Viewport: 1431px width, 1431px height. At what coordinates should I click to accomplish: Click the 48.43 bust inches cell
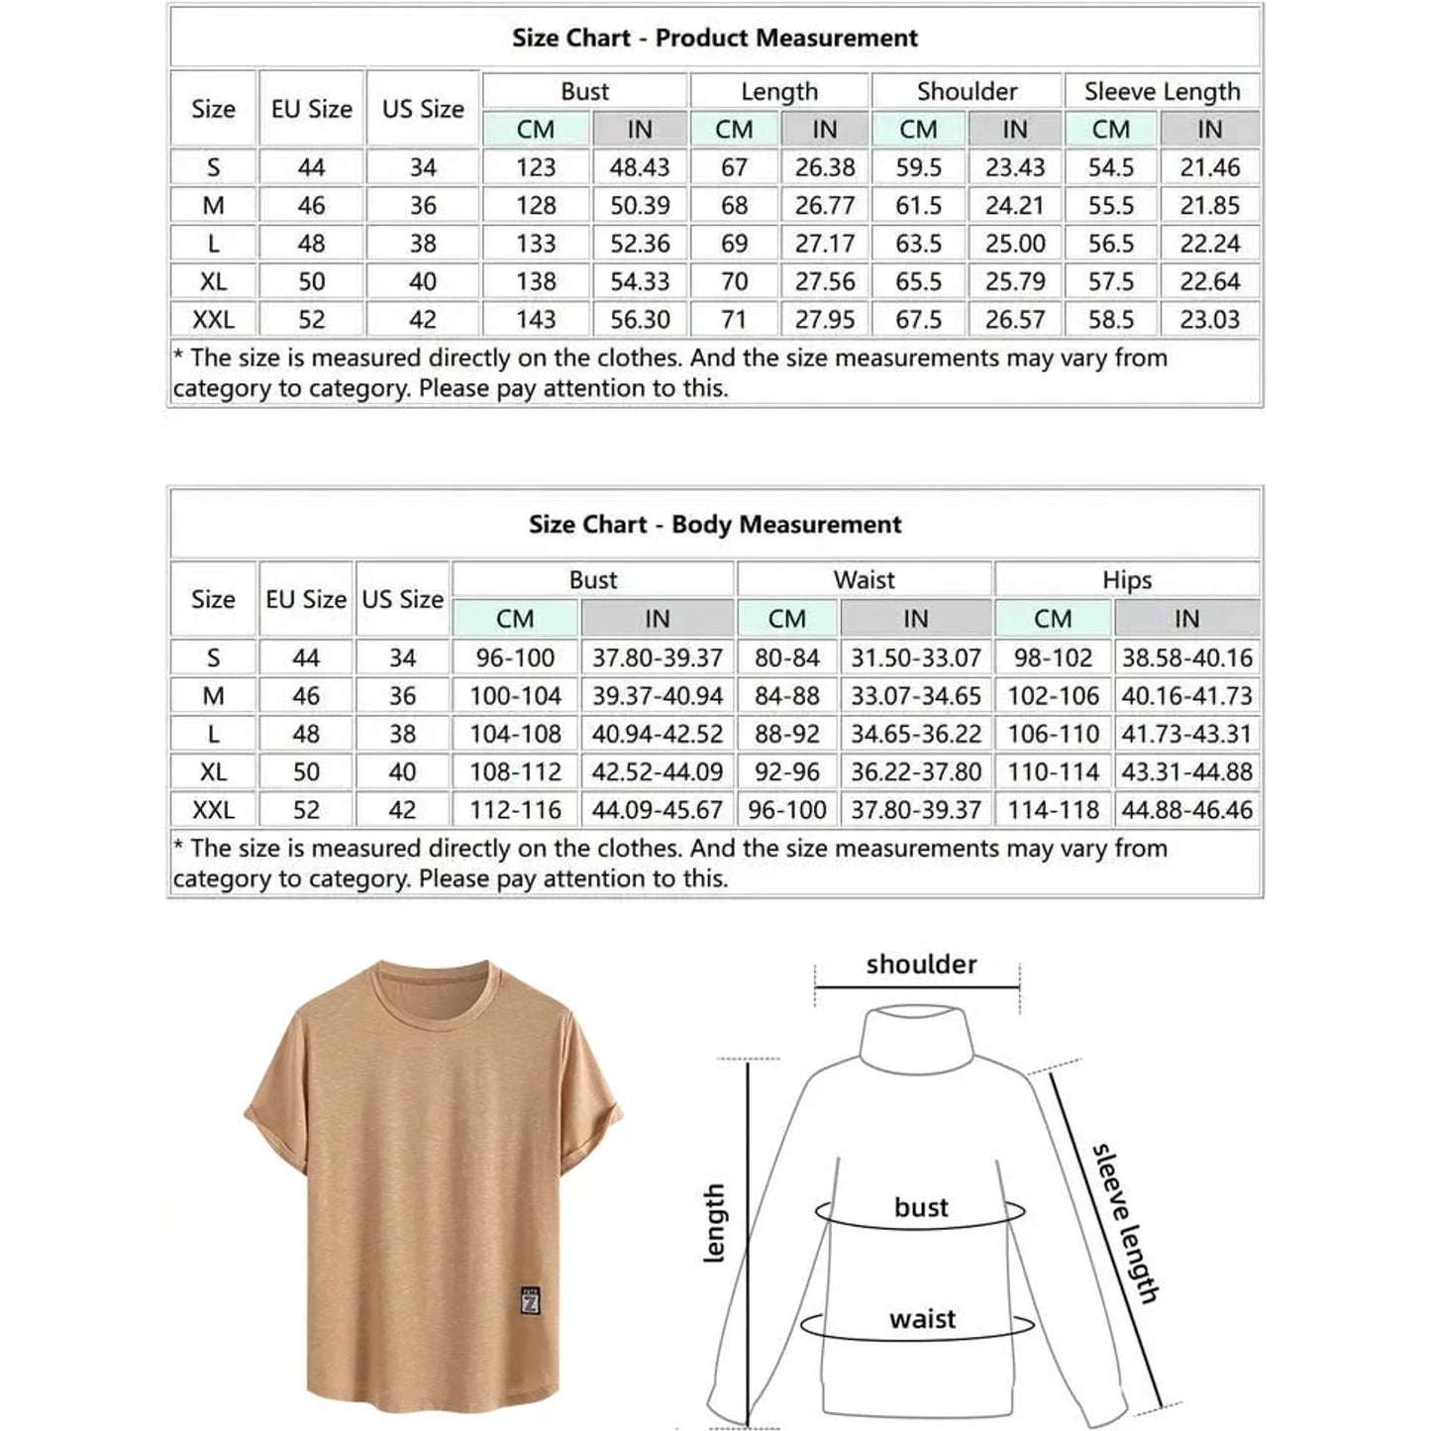click(640, 167)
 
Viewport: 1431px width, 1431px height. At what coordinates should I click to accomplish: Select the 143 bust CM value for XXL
click(536, 320)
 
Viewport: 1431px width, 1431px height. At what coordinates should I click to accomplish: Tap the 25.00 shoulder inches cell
click(1015, 244)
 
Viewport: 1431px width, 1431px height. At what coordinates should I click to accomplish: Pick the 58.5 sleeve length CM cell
click(1110, 320)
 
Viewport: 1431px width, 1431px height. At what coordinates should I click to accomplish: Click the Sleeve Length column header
click(1162, 92)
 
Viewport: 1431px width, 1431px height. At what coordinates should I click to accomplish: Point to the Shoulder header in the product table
click(967, 92)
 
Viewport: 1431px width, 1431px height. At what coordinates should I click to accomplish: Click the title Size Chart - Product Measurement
click(714, 39)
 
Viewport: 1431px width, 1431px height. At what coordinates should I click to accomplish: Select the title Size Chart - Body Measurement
click(714, 525)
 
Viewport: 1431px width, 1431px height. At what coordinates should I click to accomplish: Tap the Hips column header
click(1127, 580)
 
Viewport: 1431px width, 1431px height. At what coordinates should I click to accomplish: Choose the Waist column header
click(864, 580)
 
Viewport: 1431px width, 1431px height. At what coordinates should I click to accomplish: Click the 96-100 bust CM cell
click(515, 659)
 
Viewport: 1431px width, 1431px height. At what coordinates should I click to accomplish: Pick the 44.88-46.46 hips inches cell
click(1186, 810)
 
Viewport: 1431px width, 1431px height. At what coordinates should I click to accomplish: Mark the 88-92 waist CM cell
click(787, 735)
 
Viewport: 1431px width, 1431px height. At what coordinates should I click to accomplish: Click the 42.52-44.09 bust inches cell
click(658, 772)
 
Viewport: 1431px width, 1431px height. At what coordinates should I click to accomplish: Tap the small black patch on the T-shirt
click(531, 1300)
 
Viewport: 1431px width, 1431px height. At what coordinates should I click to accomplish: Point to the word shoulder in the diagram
click(921, 965)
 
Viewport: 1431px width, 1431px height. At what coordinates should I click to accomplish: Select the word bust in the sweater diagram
click(921, 1207)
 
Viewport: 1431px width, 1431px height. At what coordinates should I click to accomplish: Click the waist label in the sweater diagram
click(922, 1319)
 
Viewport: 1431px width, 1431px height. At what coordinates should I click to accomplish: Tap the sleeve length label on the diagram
click(1125, 1224)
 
